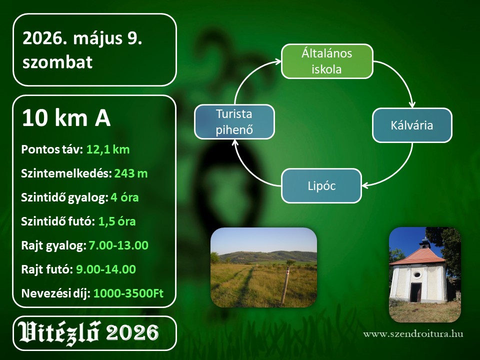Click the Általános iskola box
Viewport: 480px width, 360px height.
click(327, 61)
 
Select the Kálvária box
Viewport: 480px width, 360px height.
click(412, 125)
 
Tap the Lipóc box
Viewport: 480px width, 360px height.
click(321, 186)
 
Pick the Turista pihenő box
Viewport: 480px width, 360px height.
click(234, 122)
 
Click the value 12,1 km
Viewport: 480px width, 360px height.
click(108, 149)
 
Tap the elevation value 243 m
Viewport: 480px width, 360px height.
click(131, 173)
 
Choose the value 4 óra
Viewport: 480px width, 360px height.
click(124, 197)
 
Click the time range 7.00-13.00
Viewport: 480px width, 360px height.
click(118, 245)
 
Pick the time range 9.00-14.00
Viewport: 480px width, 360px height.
click(106, 269)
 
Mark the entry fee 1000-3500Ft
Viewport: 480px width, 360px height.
click(128, 293)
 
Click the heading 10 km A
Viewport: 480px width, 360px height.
click(66, 118)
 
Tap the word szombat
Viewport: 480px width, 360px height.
click(57, 62)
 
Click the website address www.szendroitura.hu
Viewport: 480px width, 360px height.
click(413, 333)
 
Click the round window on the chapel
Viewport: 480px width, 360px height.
click(417, 274)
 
